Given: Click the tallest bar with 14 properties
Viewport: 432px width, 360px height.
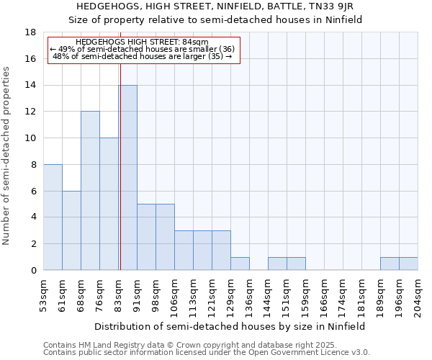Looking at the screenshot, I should (x=127, y=178).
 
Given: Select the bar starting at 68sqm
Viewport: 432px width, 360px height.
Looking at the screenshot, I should (x=90, y=191).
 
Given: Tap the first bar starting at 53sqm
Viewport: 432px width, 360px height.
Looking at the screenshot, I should (x=53, y=217).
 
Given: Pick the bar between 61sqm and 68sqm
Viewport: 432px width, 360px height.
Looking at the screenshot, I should (x=71, y=230).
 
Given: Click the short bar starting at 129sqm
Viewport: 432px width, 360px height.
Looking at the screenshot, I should (x=240, y=264).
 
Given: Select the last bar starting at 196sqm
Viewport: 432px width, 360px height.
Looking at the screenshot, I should (x=408, y=264).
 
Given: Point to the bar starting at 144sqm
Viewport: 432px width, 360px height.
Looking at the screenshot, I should (x=277, y=264).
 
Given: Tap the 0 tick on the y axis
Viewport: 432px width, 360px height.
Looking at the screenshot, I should (x=34, y=271).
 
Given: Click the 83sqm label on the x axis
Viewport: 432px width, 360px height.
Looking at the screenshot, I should (x=119, y=294).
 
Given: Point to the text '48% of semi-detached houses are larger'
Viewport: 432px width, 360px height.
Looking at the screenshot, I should (x=143, y=56).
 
